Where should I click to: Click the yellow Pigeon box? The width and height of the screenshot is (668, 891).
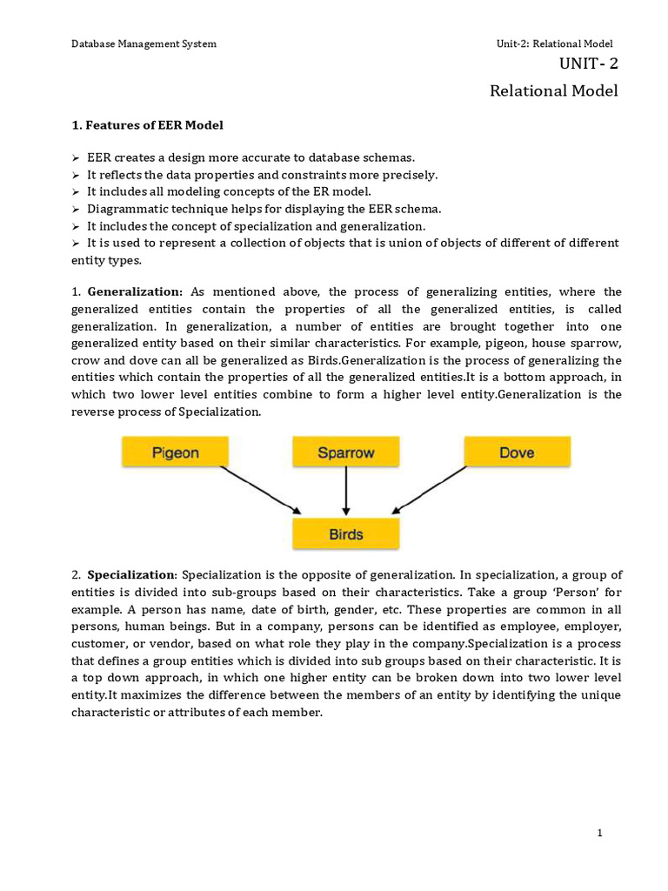pyautogui.click(x=175, y=452)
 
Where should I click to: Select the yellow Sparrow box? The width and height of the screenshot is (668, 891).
pyautogui.click(x=346, y=452)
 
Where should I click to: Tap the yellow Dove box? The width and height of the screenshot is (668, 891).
pyautogui.click(x=517, y=452)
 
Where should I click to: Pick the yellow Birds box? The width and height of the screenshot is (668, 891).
pyautogui.click(x=346, y=533)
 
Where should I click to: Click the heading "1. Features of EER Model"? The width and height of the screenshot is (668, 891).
pyautogui.click(x=147, y=125)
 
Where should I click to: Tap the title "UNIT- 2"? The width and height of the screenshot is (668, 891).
pyautogui.click(x=588, y=64)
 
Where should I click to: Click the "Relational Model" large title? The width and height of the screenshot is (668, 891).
pyautogui.click(x=554, y=90)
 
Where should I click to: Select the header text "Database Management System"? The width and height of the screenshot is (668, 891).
pyautogui.click(x=144, y=44)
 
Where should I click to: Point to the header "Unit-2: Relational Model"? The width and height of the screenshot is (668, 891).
pyautogui.click(x=554, y=44)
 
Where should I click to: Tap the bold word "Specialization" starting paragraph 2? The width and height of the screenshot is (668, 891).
pyautogui.click(x=131, y=575)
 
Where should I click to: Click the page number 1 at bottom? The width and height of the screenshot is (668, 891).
pyautogui.click(x=600, y=834)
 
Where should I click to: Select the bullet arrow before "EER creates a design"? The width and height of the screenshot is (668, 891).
pyautogui.click(x=76, y=157)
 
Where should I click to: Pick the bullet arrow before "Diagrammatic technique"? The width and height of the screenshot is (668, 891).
pyautogui.click(x=76, y=209)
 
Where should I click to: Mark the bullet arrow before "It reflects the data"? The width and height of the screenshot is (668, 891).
pyautogui.click(x=76, y=175)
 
